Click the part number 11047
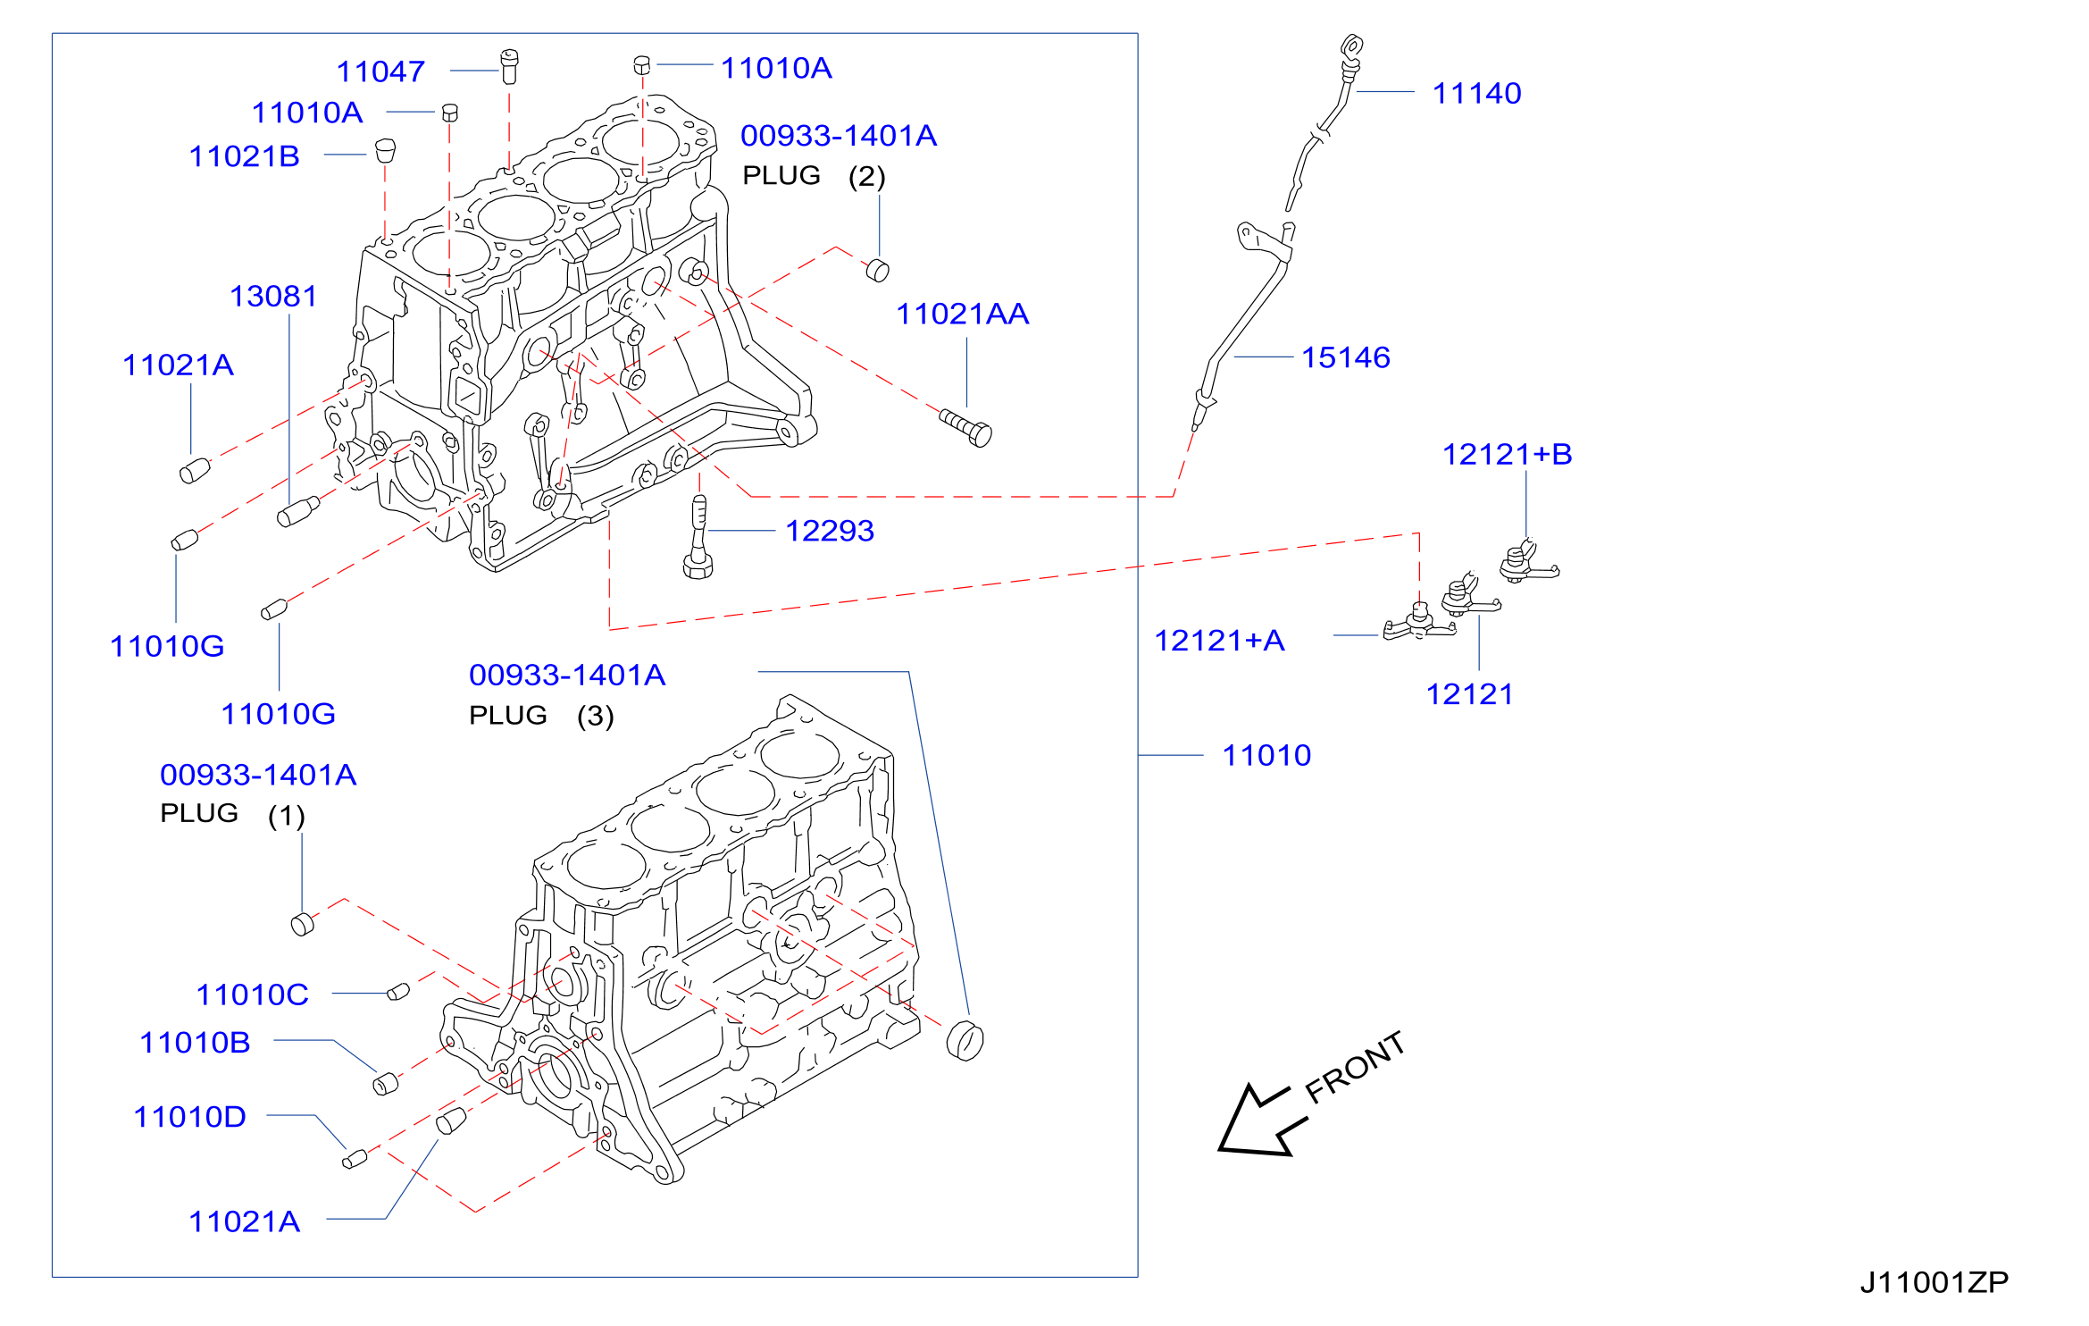click(380, 71)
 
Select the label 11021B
click(244, 156)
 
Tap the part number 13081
click(273, 296)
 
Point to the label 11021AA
click(962, 314)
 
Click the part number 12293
click(830, 531)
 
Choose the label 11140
click(1476, 93)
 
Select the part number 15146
click(1346, 357)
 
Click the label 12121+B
click(1507, 454)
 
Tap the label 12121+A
click(1219, 640)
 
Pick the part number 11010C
click(252, 994)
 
